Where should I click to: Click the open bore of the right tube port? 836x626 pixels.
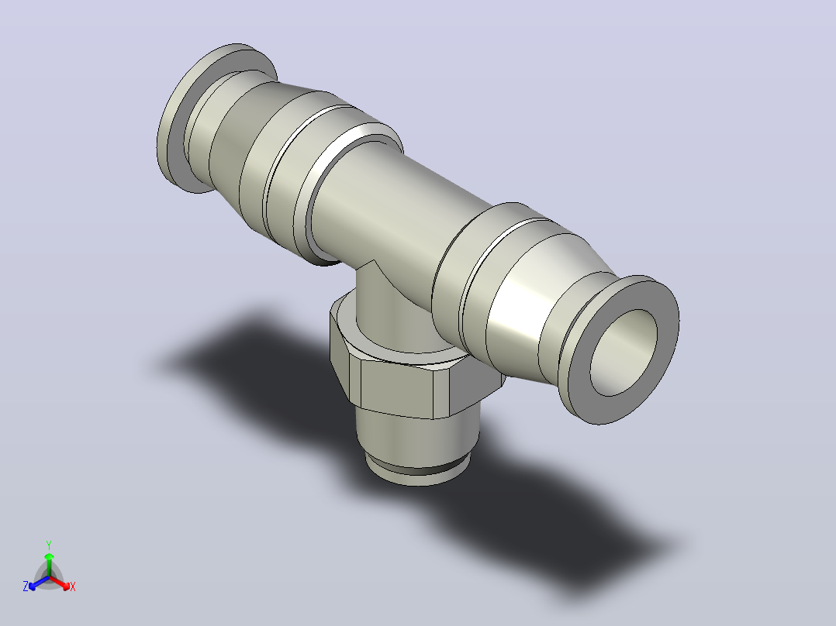624,353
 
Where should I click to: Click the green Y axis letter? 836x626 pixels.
49,545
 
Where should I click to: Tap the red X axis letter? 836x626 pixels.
73,586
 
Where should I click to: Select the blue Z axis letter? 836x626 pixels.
26,586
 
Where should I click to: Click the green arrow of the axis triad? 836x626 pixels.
49,564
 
